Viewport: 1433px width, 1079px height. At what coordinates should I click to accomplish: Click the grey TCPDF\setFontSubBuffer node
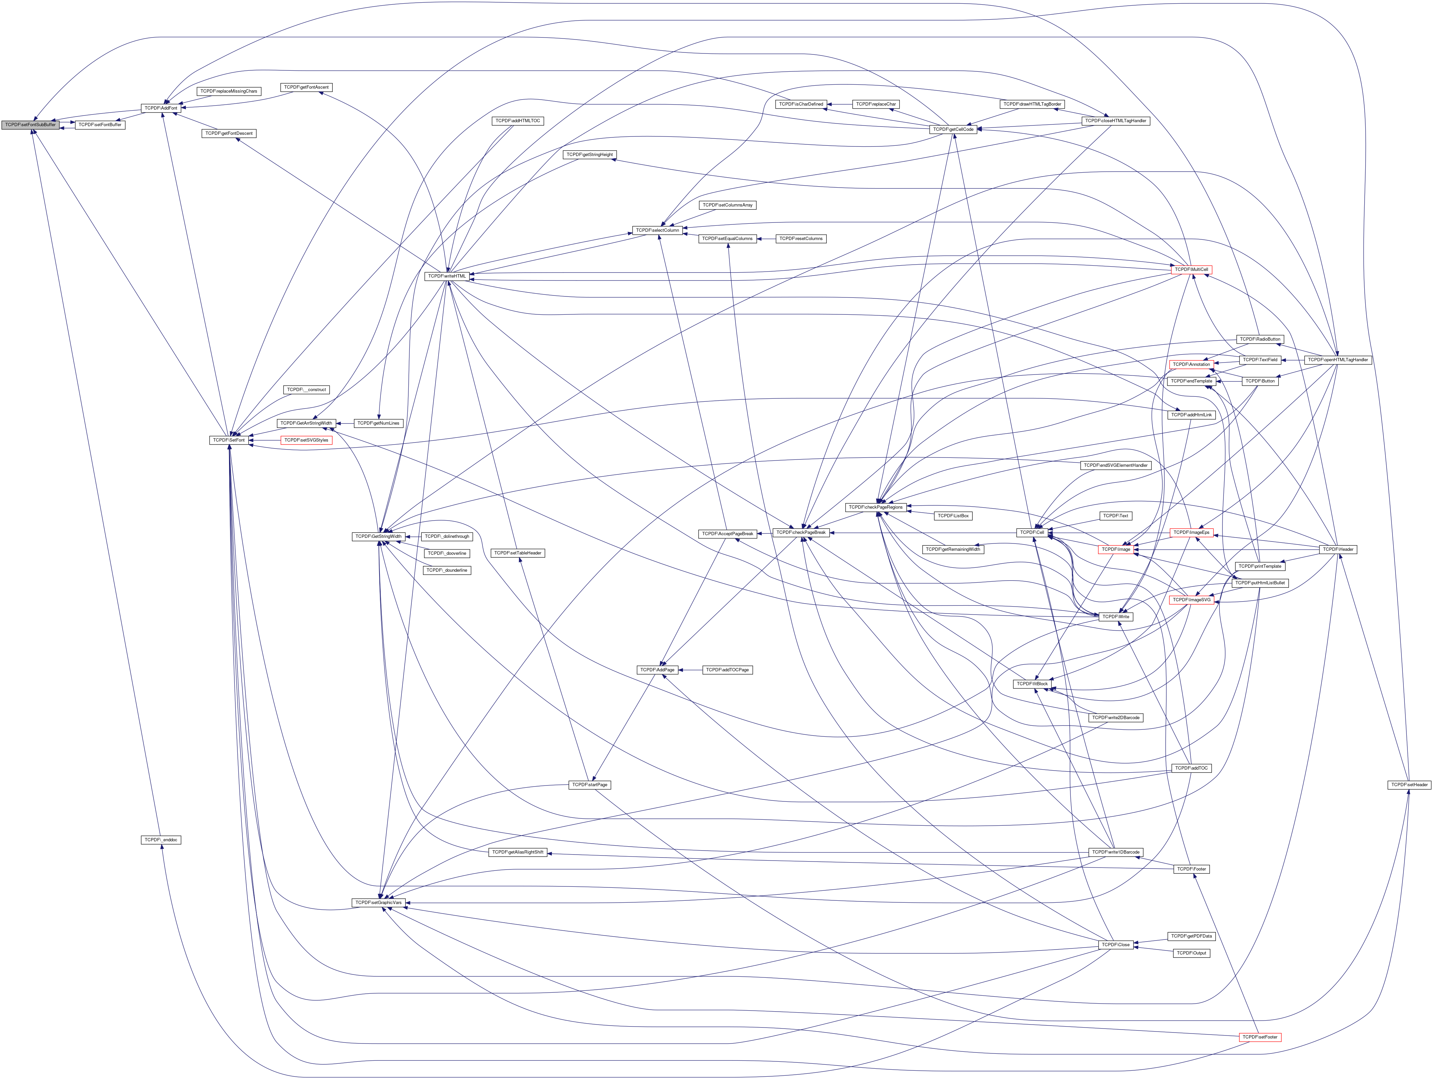(x=31, y=124)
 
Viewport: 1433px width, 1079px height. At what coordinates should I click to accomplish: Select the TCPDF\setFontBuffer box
(x=100, y=124)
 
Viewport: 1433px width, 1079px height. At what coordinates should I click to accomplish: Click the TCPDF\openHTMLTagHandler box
(x=1338, y=360)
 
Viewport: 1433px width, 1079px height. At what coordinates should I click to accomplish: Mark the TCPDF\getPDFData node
(x=1190, y=937)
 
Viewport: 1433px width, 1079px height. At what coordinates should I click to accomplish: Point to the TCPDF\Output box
(x=1190, y=954)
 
